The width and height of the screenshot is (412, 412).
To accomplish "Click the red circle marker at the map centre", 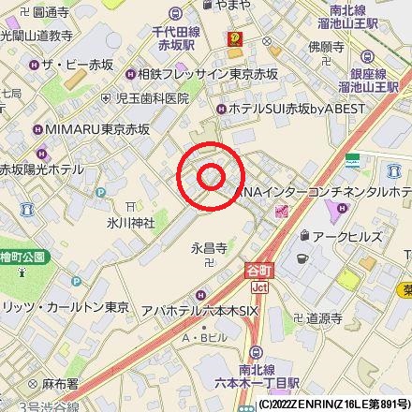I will (x=211, y=175).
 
